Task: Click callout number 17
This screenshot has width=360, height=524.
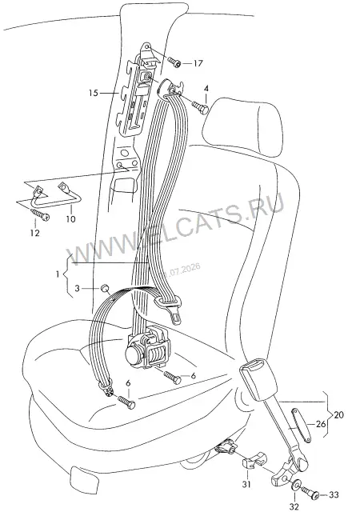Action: pos(198,63)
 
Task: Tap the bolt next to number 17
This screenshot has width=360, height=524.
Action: pos(175,62)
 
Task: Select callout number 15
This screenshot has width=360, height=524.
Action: pos(94,93)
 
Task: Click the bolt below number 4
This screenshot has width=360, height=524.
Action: pos(200,107)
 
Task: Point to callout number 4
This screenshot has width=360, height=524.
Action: pos(206,89)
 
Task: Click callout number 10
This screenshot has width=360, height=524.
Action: pos(70,219)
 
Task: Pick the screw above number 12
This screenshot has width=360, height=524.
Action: pos(40,214)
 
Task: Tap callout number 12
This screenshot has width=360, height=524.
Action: pos(34,233)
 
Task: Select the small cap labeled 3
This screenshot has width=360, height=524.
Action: pos(105,288)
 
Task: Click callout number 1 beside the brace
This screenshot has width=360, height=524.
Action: pos(58,274)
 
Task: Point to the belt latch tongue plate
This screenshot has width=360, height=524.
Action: pos(170,308)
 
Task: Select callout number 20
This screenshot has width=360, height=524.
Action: pos(338,415)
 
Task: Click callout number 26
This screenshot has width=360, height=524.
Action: pos(321,425)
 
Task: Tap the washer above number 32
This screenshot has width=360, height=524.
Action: pos(296,486)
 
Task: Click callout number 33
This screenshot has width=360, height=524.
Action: pos(334,495)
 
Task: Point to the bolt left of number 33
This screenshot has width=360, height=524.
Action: pos(311,492)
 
